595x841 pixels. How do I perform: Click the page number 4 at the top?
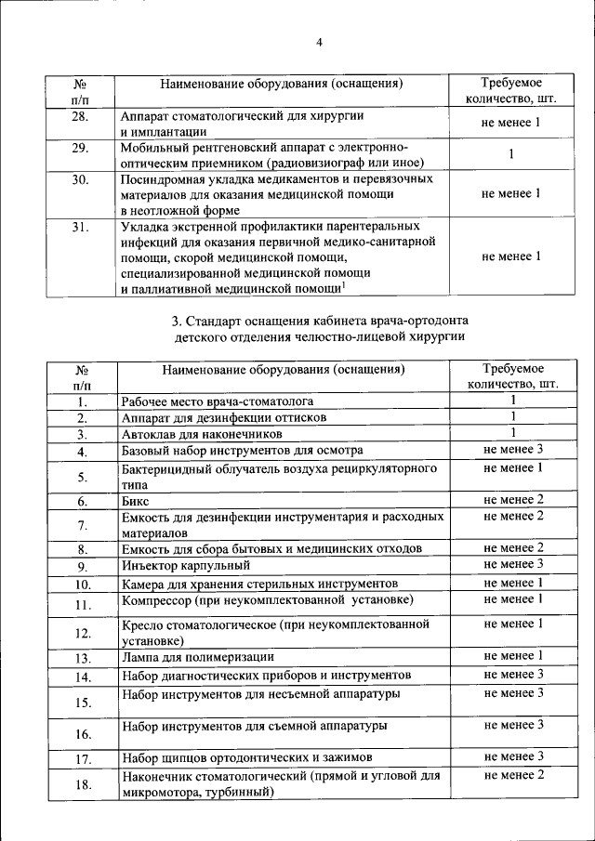click(x=318, y=42)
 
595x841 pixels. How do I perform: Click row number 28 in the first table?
click(x=81, y=117)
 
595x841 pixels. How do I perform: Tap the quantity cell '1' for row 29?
click(x=511, y=155)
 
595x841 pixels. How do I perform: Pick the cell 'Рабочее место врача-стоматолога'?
click(x=217, y=401)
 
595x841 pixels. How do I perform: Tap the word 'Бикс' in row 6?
click(x=135, y=501)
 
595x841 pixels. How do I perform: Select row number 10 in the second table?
click(x=82, y=585)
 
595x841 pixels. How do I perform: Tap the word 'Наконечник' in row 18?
click(x=157, y=775)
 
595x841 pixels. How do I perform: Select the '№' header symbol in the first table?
click(x=81, y=83)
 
